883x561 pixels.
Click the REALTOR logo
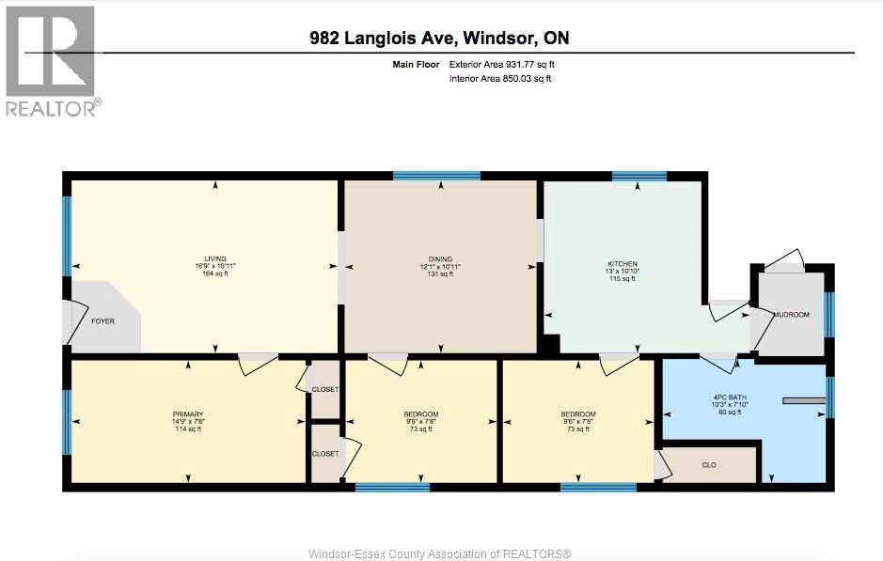pyautogui.click(x=54, y=61)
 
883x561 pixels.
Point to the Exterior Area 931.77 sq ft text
pyautogui.click(x=502, y=65)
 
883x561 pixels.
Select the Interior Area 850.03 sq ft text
pyautogui.click(x=500, y=79)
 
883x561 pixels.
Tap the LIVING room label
pyautogui.click(x=215, y=258)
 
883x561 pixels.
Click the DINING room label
pyautogui.click(x=440, y=259)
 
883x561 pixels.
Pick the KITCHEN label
pyautogui.click(x=623, y=264)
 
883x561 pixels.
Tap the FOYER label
pyautogui.click(x=103, y=321)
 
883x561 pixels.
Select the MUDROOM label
pyautogui.click(x=791, y=315)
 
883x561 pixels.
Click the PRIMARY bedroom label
pyautogui.click(x=188, y=414)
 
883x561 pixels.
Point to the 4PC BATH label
pyautogui.click(x=730, y=397)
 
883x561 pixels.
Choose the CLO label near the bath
pyautogui.click(x=709, y=465)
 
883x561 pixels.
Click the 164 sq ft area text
pyautogui.click(x=215, y=273)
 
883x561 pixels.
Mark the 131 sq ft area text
pyautogui.click(x=440, y=274)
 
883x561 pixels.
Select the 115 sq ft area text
pyautogui.click(x=623, y=278)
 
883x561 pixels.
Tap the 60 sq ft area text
pyautogui.click(x=730, y=412)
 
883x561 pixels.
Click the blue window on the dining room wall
pyautogui.click(x=437, y=176)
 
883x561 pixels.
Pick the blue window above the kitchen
pyautogui.click(x=639, y=176)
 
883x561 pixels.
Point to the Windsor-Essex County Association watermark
pyautogui.click(x=440, y=553)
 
